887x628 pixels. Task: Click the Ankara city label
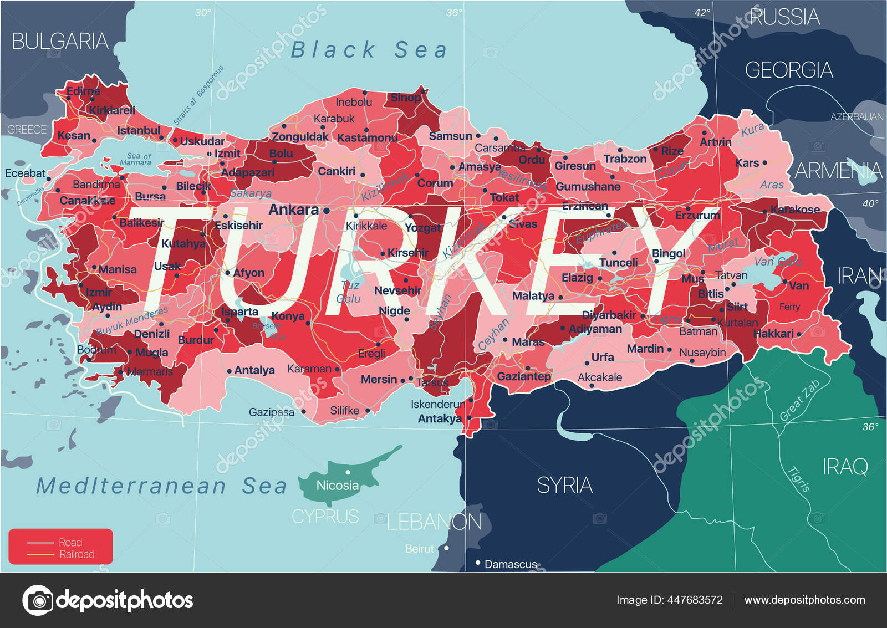click(x=293, y=210)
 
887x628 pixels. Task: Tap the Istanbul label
click(x=138, y=131)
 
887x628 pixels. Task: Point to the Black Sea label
click(x=369, y=50)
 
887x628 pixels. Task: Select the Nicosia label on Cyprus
click(x=337, y=486)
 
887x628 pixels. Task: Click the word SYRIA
click(x=564, y=486)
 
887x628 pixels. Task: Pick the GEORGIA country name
click(x=788, y=70)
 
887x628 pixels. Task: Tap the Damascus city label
click(x=510, y=564)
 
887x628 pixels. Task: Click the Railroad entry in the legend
click(x=77, y=554)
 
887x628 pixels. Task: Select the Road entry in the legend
click(x=70, y=543)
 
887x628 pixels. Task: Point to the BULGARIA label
click(x=59, y=42)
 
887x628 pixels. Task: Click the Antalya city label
click(x=254, y=370)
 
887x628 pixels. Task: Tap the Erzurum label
click(x=697, y=215)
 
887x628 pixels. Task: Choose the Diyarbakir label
click(x=609, y=315)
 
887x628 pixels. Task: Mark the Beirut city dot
click(x=446, y=548)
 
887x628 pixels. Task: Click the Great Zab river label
click(x=799, y=401)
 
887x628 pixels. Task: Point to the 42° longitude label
click(x=702, y=13)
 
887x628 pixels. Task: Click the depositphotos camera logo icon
click(x=38, y=600)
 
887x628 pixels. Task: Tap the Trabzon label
click(x=625, y=159)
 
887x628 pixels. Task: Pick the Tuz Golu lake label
click(x=349, y=292)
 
